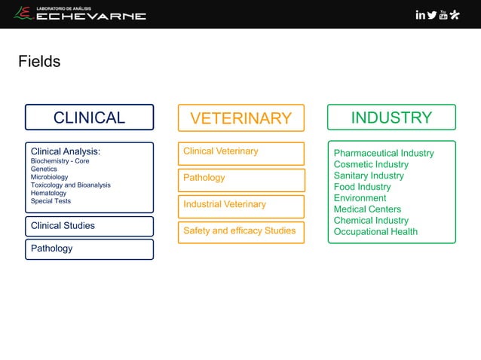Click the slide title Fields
(x=39, y=62)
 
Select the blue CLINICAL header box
(x=89, y=117)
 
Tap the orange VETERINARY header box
(x=240, y=118)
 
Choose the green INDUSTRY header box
(x=391, y=117)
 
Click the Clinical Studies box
(x=89, y=226)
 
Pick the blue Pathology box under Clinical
(x=89, y=249)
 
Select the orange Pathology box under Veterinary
(x=240, y=178)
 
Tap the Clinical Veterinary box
(x=240, y=152)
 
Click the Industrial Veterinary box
(x=240, y=205)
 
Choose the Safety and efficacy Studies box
(x=240, y=231)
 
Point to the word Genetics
(x=44, y=169)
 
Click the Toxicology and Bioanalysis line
(x=70, y=185)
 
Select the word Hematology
(x=48, y=194)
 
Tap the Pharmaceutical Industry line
(x=384, y=154)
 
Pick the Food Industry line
(x=362, y=187)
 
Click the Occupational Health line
(x=375, y=232)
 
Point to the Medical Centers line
(x=367, y=209)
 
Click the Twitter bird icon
(x=432, y=14)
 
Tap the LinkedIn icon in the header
(x=420, y=14)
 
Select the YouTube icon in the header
(x=443, y=14)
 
